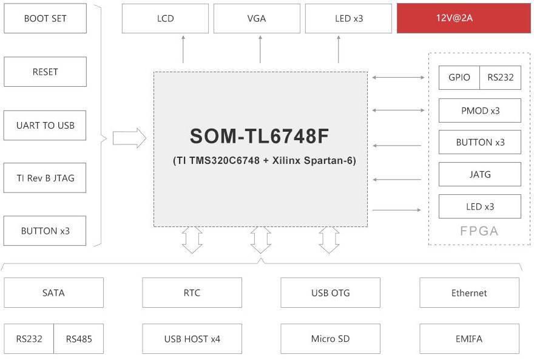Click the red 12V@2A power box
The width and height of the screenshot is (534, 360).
[464, 18]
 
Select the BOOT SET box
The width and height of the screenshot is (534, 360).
[46, 18]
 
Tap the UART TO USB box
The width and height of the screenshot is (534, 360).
[45, 125]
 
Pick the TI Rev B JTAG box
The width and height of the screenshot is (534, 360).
[45, 178]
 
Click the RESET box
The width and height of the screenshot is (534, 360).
[46, 72]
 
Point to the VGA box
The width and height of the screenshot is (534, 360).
[257, 18]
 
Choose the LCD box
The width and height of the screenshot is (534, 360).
[165, 18]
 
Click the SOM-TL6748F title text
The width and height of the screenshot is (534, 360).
[259, 136]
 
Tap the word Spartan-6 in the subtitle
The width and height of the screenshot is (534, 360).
[330, 160]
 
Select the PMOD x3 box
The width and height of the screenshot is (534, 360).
[480, 110]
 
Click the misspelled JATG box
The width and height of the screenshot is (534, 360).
[480, 174]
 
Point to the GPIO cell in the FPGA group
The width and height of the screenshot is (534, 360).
[459, 78]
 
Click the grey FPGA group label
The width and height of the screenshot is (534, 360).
[479, 231]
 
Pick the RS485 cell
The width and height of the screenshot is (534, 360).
[79, 339]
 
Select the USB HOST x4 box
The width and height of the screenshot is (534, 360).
[192, 339]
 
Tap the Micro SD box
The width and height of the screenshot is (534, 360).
[330, 339]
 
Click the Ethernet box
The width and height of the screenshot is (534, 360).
[469, 293]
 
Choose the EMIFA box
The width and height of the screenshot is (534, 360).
[469, 339]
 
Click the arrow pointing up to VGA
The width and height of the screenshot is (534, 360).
[260, 49]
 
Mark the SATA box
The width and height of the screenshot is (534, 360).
[54, 293]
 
